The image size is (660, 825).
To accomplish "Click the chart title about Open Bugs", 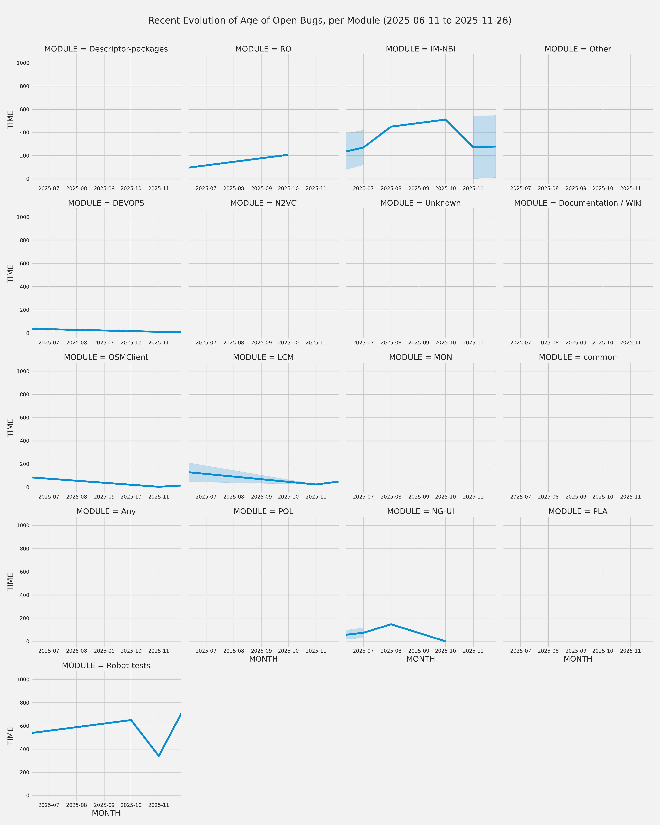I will tap(330, 21).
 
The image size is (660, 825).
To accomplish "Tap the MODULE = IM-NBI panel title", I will tap(421, 49).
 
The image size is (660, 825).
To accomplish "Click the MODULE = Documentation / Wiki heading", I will tap(578, 203).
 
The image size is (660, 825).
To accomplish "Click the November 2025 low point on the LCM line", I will tap(316, 484).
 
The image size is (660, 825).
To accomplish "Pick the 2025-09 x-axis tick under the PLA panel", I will tap(576, 651).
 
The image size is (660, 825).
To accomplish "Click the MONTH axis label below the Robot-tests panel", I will tap(106, 813).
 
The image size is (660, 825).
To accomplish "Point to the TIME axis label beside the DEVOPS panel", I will tap(11, 274).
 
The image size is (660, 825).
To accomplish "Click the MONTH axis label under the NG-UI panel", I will tap(421, 659).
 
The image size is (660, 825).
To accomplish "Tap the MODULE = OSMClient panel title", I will tap(106, 357).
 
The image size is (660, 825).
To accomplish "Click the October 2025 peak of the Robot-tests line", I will tap(131, 720).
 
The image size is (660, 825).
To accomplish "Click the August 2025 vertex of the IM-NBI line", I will tap(391, 127).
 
